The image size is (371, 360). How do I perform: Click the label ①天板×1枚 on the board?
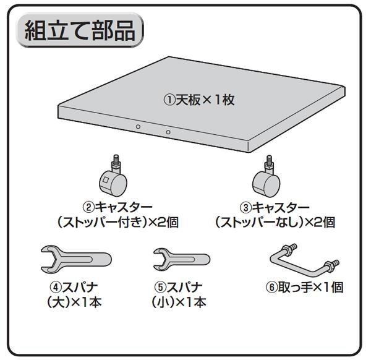click(x=198, y=100)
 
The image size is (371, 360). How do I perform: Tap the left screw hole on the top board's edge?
click(x=138, y=126)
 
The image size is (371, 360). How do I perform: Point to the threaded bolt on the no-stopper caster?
click(x=269, y=161)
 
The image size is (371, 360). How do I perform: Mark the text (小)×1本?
click(x=179, y=302)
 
